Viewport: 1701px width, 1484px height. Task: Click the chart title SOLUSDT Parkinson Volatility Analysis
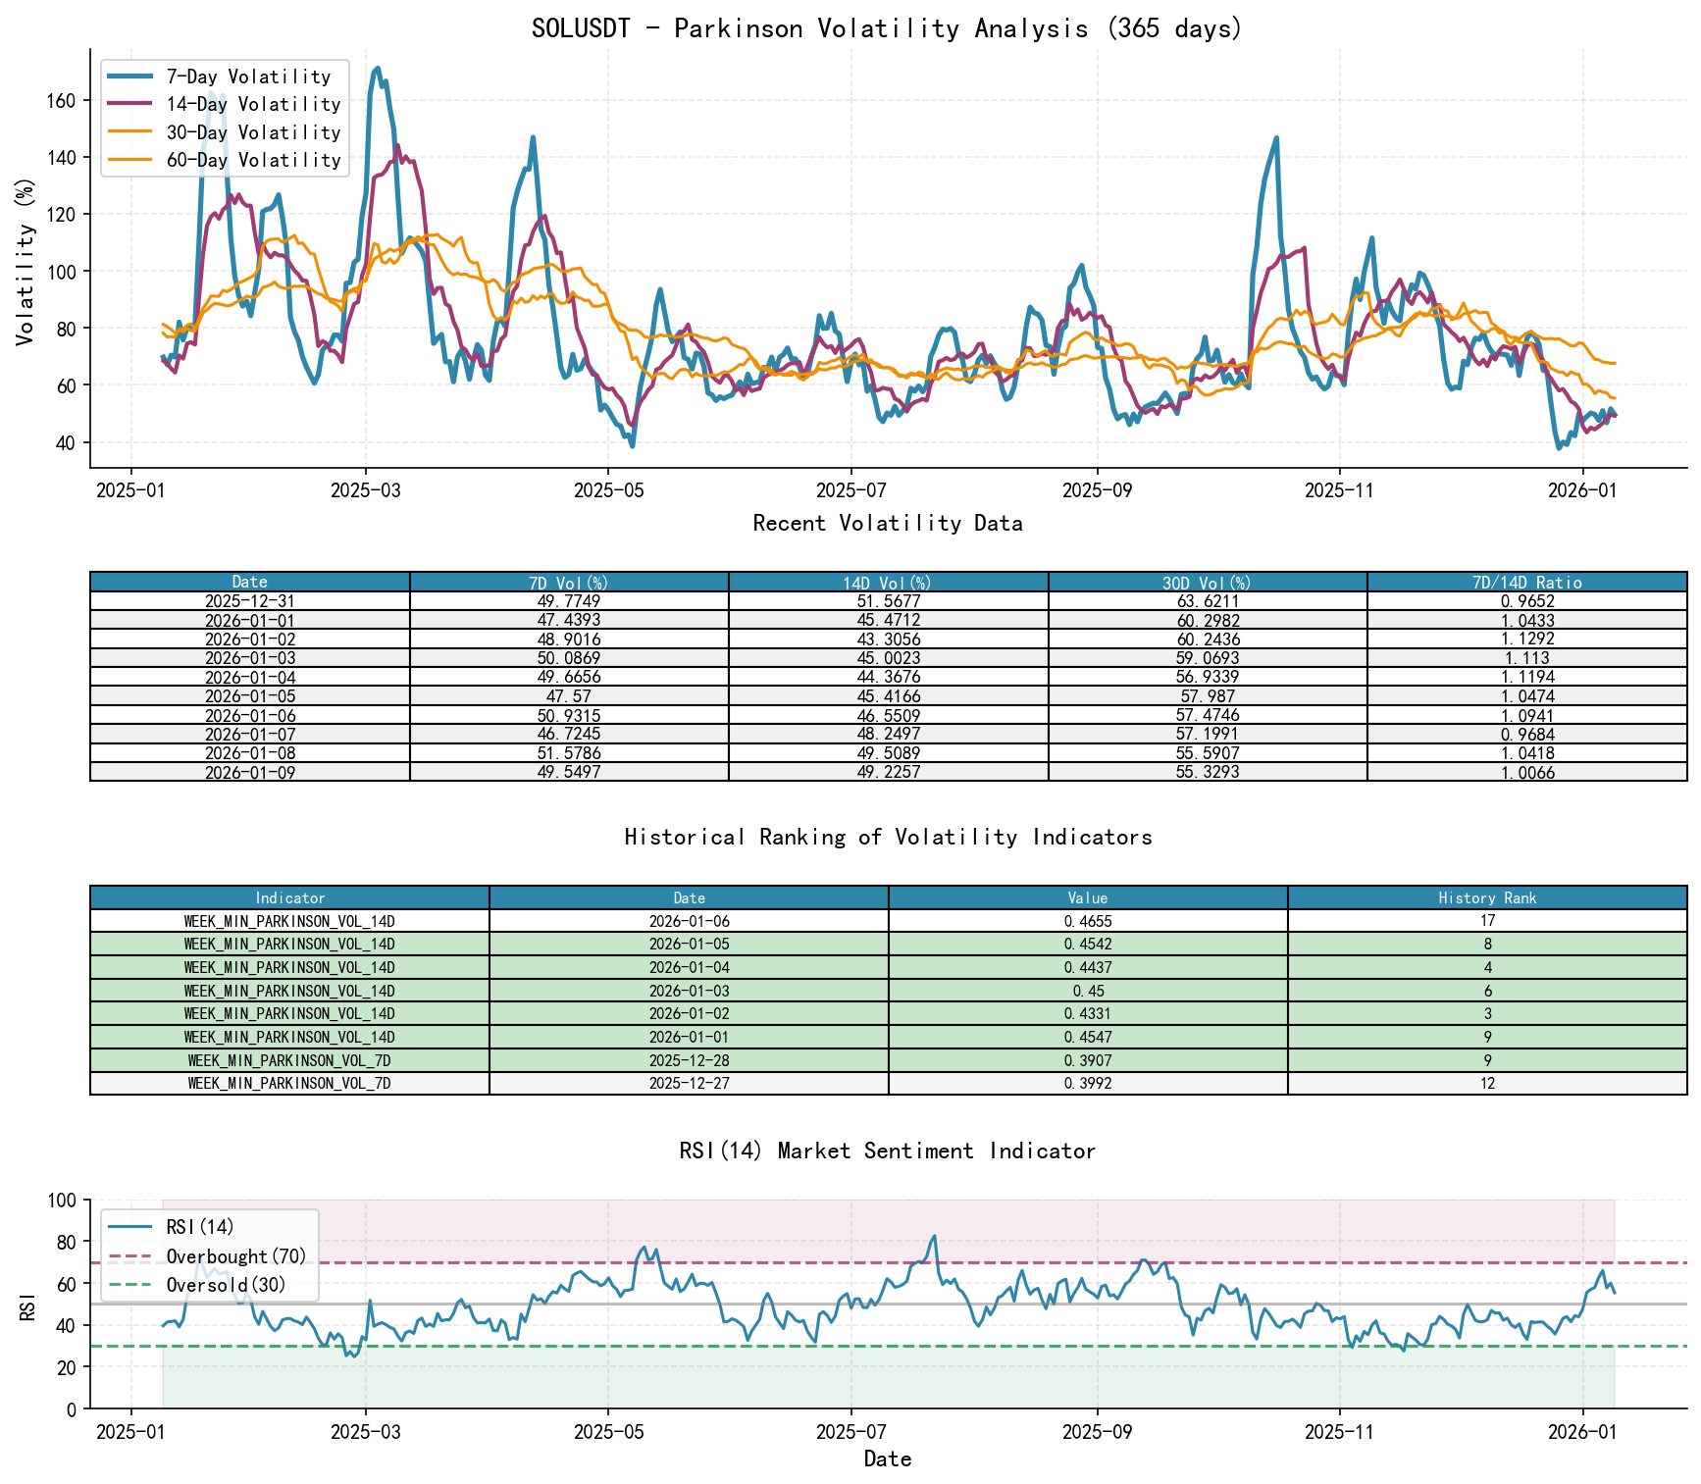tap(887, 28)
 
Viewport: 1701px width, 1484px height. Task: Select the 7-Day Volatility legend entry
tap(248, 77)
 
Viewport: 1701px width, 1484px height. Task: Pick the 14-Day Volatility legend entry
tap(253, 104)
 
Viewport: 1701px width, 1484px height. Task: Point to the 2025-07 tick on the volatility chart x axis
tap(851, 489)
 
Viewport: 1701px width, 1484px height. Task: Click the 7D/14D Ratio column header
tap(1526, 583)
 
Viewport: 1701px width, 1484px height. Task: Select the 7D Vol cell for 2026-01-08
tap(569, 753)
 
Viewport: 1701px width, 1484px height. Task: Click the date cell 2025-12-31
tap(249, 601)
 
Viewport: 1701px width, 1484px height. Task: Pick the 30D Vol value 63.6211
tap(1207, 601)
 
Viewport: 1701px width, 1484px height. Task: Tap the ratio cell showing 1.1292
tap(1526, 640)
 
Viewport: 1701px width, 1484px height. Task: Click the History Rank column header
tap(1487, 897)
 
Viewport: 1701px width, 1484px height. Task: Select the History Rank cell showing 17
tap(1487, 921)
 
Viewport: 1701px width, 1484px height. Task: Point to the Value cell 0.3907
tap(1087, 1060)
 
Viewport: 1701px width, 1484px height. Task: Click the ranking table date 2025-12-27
tap(689, 1084)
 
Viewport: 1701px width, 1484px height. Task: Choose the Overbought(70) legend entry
tap(235, 1256)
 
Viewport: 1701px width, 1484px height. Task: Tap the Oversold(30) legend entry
tap(226, 1285)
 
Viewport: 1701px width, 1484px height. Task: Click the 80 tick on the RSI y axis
tap(64, 1242)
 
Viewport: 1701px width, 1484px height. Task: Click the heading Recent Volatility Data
tap(887, 524)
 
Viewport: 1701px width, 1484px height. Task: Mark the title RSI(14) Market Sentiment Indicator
tap(887, 1151)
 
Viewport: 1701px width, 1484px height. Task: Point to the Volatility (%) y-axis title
tap(25, 261)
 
